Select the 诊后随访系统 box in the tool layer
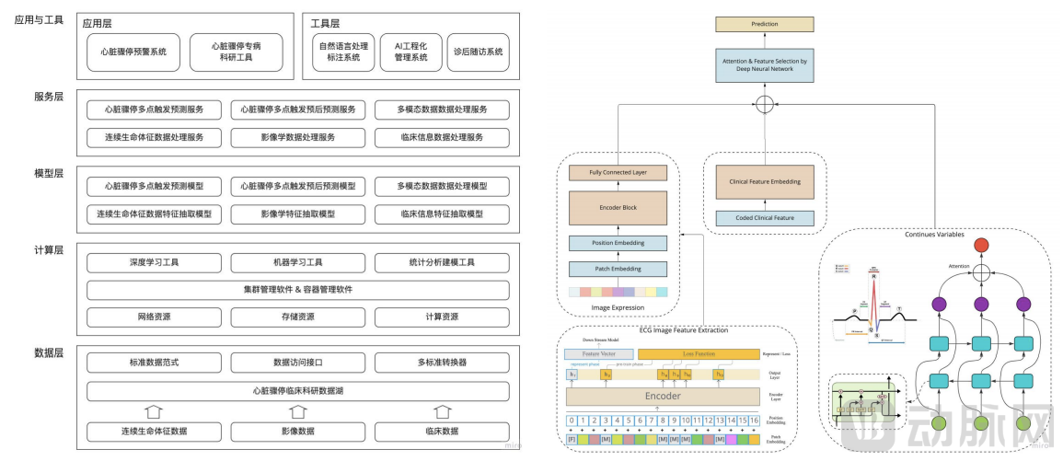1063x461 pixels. (477, 52)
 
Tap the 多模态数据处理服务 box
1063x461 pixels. (442, 109)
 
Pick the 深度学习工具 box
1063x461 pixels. (147, 263)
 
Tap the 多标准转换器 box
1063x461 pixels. (442, 363)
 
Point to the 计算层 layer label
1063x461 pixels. (48, 249)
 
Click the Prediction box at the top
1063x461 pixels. (765, 24)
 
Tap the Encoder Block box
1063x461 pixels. (617, 208)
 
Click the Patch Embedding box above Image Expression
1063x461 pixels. (617, 269)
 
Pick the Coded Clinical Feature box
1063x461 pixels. (765, 218)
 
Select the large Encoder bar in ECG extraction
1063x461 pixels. (663, 397)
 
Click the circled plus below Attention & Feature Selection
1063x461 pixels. (763, 104)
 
